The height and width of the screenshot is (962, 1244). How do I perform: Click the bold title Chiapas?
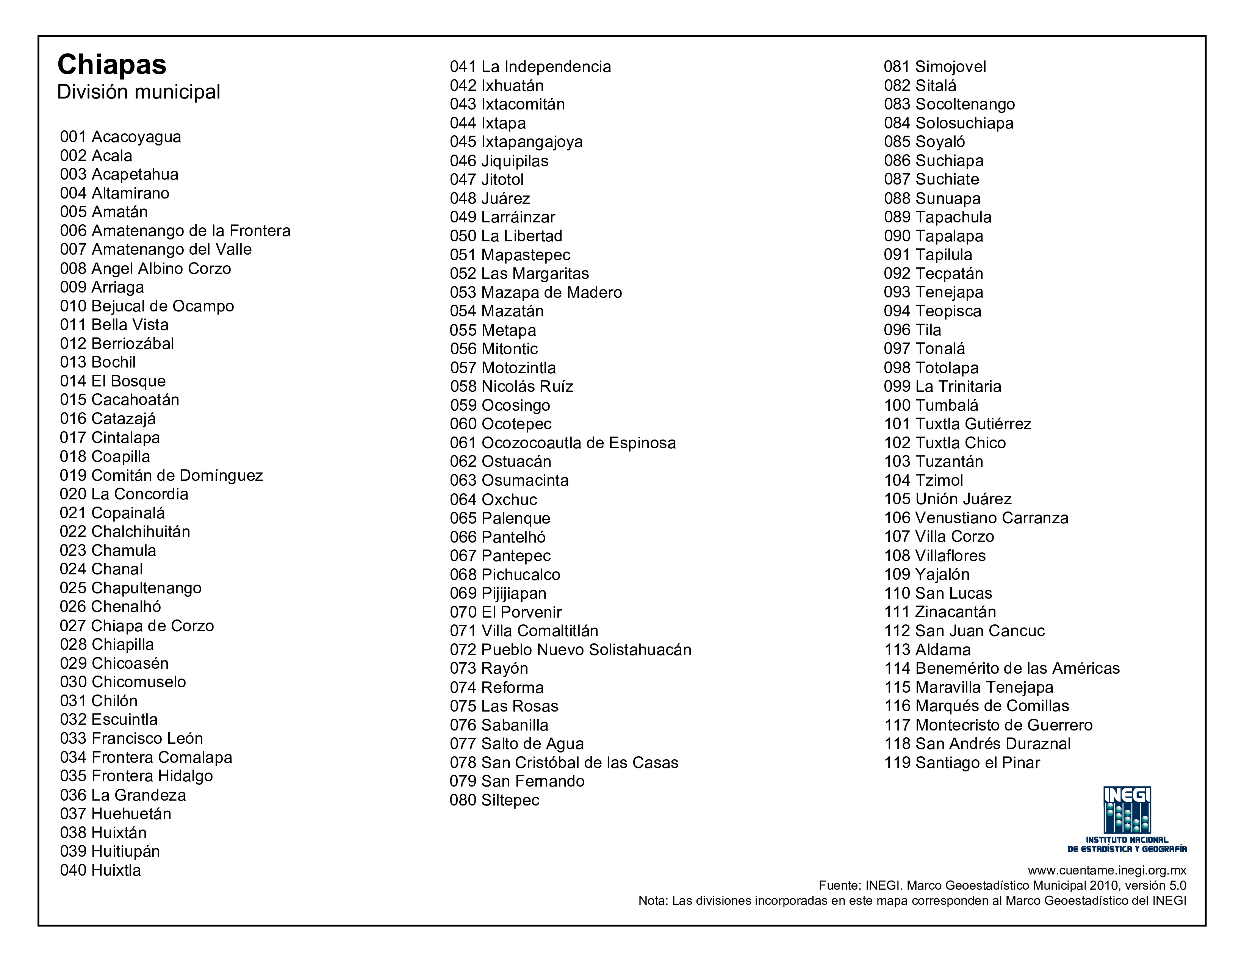coord(112,64)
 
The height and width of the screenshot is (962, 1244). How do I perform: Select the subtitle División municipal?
coord(138,92)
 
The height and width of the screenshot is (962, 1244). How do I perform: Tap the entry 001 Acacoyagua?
coord(120,137)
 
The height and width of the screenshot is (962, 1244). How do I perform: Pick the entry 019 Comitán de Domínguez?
coord(161,475)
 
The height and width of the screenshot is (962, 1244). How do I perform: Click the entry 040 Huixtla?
coord(100,870)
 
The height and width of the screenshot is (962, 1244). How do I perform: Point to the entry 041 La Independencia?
coord(530,67)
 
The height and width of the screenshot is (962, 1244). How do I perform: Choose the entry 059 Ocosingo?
coord(499,405)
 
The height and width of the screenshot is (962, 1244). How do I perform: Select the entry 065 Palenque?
coord(499,518)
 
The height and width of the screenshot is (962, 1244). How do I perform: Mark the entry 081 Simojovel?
coord(935,67)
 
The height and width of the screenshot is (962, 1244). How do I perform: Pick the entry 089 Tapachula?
coord(937,217)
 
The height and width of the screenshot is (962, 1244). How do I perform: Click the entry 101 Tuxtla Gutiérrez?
coord(957,424)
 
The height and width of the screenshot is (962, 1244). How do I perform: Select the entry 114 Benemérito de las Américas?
coord(1001,668)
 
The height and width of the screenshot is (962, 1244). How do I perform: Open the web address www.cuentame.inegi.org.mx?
coord(1107,870)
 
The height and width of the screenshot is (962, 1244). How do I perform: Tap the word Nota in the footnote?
coord(652,901)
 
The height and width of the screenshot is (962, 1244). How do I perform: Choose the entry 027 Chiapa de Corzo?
coord(137,626)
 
